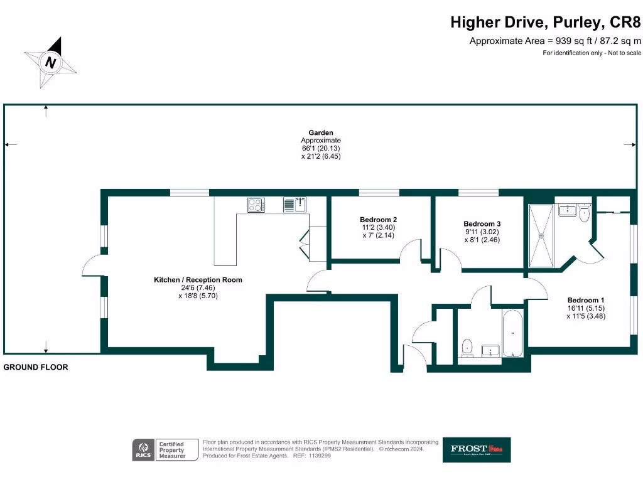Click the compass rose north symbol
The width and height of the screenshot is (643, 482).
coord(51,62)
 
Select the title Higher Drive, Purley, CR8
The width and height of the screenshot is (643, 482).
coord(546,23)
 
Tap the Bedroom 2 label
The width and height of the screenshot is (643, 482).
coord(378,219)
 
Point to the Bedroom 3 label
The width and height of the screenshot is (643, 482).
coord(482,223)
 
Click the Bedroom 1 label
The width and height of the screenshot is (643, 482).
coord(586,300)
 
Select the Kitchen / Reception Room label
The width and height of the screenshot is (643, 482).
coord(198,280)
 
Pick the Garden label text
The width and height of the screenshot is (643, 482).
coord(321,133)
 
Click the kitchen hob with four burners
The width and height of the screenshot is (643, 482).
coord(256,205)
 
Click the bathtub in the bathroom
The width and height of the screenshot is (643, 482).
coord(512,333)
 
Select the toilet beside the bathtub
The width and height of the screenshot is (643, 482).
coord(467,347)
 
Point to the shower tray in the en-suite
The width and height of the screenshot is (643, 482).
coord(541,235)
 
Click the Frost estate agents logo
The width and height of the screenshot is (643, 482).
coord(477,449)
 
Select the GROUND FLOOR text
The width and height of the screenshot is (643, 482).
coord(36,367)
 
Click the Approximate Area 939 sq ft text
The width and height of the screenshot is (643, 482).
coord(555,41)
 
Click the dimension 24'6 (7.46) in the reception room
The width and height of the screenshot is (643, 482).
coord(198,288)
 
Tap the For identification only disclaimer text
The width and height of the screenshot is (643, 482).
coord(592,53)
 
